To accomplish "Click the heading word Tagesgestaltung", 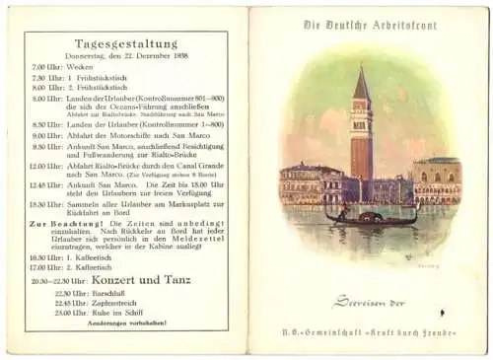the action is [125, 43].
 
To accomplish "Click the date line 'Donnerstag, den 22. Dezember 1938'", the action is [125, 57].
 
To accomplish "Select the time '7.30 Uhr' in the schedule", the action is [48, 78].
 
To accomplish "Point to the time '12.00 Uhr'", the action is [47, 166].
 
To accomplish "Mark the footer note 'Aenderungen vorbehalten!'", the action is [126, 324].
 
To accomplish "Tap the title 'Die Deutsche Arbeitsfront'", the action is [369, 22].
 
